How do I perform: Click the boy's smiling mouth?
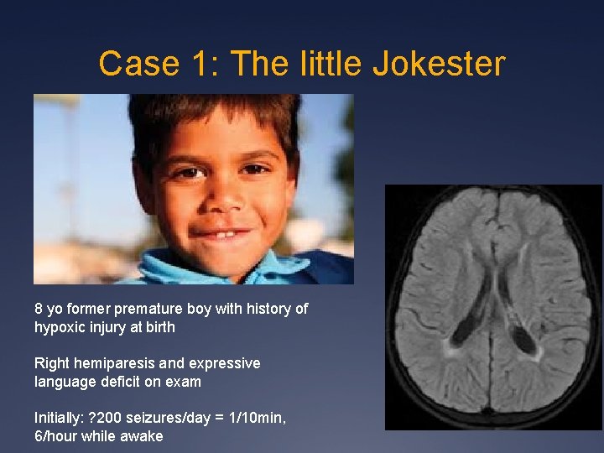point(221,233)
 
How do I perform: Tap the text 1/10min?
point(255,418)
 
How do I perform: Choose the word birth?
point(159,327)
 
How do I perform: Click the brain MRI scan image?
point(493,307)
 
